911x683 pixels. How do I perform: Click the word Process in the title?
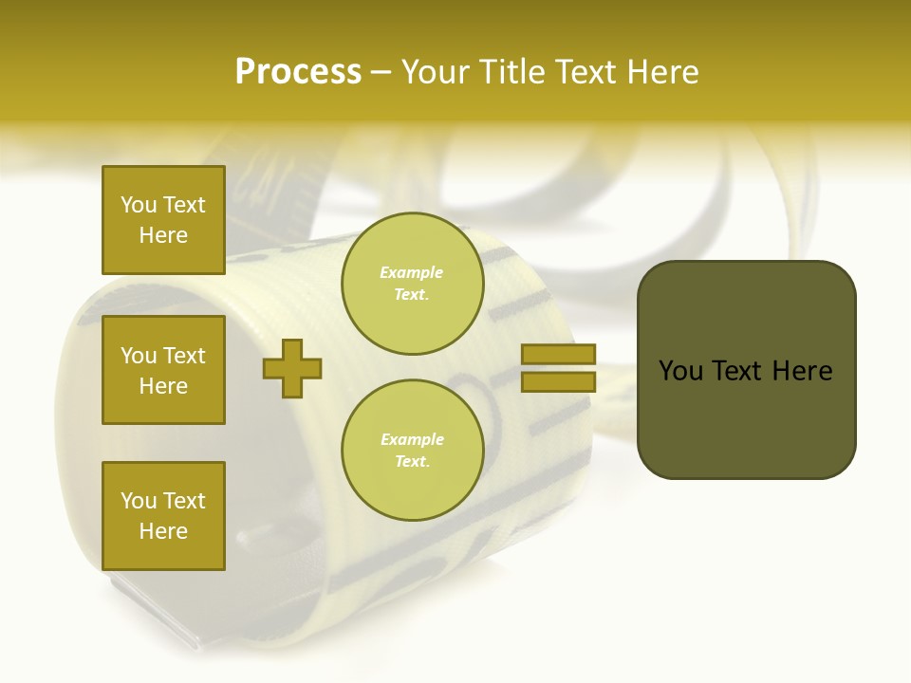298,72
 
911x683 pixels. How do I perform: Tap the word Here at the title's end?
661,72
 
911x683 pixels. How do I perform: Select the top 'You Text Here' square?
163,220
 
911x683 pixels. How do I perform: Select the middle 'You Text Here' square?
163,370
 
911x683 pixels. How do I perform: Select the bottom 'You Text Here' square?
163,515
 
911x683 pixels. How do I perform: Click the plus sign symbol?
292,369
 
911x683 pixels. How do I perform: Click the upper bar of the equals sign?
558,355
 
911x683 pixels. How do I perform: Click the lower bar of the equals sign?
558,381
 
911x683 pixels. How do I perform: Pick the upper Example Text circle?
412,284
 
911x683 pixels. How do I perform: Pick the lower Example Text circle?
412,450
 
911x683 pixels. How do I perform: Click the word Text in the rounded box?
737,371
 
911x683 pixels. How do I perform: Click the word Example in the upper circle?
412,272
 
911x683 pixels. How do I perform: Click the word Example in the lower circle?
412,439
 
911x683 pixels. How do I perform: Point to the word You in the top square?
139,205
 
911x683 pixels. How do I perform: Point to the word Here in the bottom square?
163,531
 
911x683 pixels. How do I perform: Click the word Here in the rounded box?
803,371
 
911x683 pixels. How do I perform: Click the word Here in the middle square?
163,386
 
